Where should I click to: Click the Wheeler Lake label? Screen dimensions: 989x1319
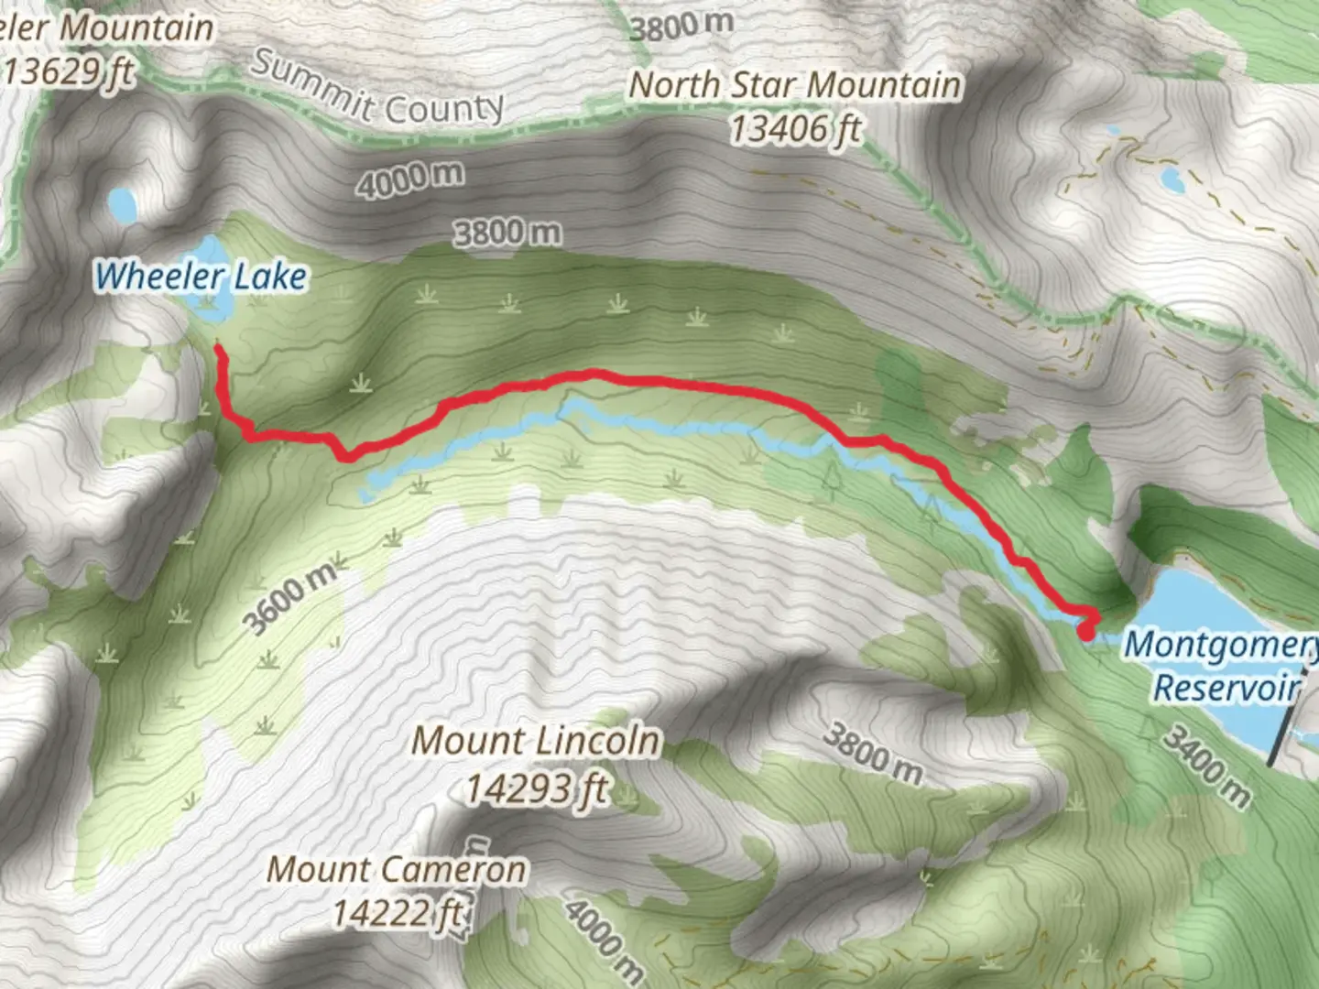pyautogui.click(x=201, y=276)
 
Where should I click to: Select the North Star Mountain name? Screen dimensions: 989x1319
pyautogui.click(x=795, y=85)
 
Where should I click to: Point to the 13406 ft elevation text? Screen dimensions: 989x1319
pyautogui.click(x=795, y=129)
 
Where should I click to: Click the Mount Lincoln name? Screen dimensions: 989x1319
pyautogui.click(x=536, y=740)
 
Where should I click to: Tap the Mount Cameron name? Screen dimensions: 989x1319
pyautogui.click(x=397, y=869)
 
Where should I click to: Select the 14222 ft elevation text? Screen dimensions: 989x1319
pyautogui.click(x=397, y=912)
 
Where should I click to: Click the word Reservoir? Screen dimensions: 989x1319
pyautogui.click(x=1226, y=687)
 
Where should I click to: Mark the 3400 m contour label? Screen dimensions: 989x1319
pyautogui.click(x=1207, y=765)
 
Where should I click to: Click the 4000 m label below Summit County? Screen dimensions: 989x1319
pyautogui.click(x=409, y=178)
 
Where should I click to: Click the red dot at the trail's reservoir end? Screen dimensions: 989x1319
pyautogui.click(x=1086, y=630)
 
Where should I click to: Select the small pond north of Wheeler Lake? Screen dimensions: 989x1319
pyautogui.click(x=120, y=205)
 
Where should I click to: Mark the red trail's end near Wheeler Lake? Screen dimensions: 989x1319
pyautogui.click(x=217, y=347)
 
